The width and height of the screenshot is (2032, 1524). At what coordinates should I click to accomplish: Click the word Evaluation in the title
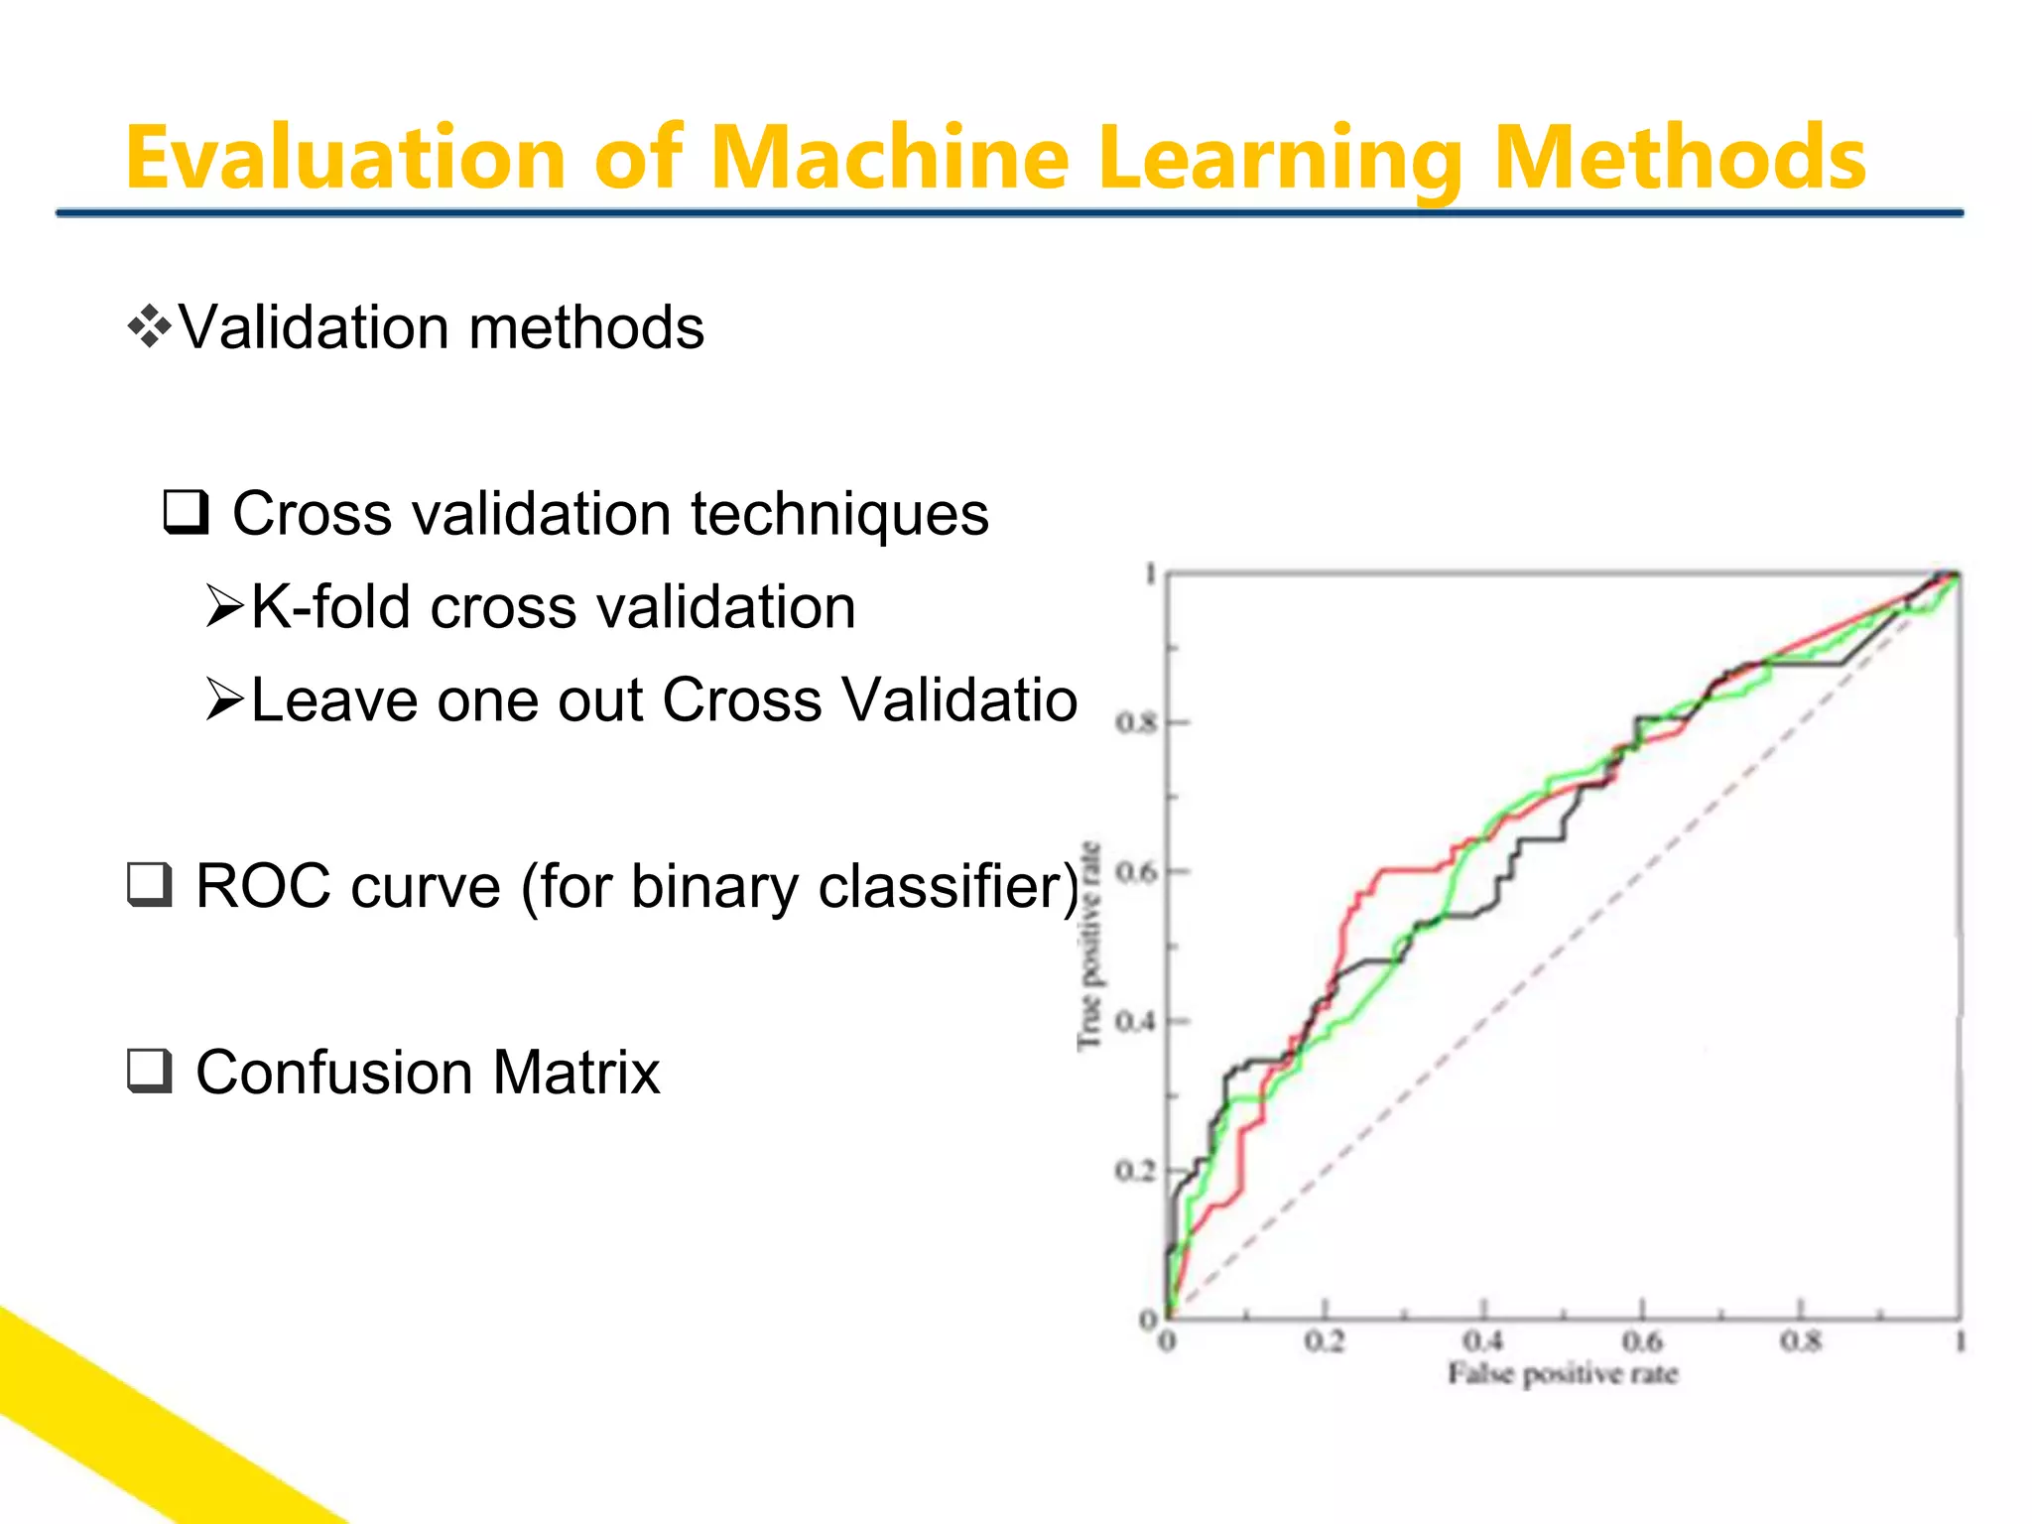point(345,159)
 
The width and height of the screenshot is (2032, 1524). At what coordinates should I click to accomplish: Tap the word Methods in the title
point(1679,159)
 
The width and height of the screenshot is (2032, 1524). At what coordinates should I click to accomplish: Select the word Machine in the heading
point(890,159)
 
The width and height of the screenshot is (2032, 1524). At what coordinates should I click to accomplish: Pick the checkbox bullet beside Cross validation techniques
point(186,513)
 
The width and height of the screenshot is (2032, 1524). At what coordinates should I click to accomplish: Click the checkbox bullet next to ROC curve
point(150,885)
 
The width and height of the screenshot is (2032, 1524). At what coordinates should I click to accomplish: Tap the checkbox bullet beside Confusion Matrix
point(150,1072)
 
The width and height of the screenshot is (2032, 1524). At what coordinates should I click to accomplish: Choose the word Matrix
point(576,1073)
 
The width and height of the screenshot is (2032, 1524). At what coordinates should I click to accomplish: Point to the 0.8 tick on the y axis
point(1136,722)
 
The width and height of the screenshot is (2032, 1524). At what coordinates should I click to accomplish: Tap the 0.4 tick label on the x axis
point(1483,1341)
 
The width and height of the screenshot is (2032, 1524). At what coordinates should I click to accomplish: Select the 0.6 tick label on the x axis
point(1642,1341)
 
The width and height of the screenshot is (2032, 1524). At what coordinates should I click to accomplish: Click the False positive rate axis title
point(1563,1374)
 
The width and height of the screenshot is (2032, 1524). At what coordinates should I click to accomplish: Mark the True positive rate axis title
point(1089,945)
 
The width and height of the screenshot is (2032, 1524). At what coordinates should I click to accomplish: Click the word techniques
point(839,514)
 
